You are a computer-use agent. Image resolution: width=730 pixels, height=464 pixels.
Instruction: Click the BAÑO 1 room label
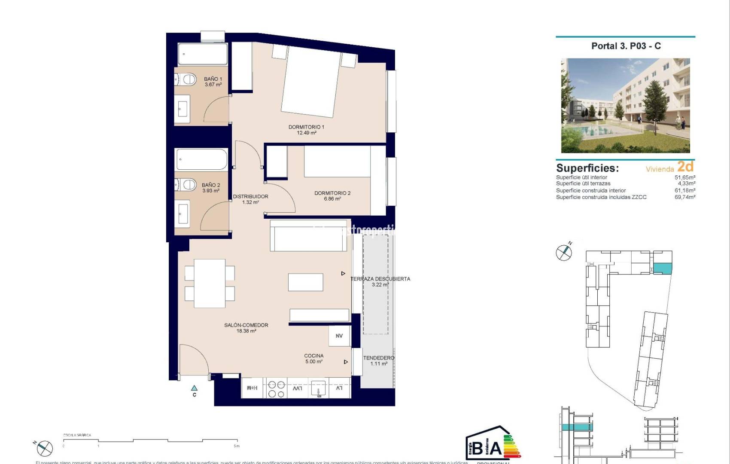[213, 79]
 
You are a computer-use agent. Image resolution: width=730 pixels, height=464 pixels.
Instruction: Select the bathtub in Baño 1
[202, 54]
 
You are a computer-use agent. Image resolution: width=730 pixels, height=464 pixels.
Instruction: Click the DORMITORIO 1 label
[306, 127]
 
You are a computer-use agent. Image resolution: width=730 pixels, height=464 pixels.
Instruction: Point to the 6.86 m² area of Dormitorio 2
[332, 199]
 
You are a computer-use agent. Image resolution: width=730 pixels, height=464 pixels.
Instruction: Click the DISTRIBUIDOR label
[250, 196]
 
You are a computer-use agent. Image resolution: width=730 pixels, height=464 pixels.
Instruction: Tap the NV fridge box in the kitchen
[339, 336]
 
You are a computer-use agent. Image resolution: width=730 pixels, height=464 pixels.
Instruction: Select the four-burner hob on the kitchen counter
[276, 389]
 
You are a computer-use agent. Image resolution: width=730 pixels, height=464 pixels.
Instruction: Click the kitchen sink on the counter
[318, 388]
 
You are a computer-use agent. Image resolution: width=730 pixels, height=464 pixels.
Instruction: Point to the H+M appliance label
[252, 388]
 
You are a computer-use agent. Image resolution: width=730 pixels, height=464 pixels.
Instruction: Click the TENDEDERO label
[378, 358]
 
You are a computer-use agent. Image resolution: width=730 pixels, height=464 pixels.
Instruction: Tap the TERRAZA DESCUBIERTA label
[380, 279]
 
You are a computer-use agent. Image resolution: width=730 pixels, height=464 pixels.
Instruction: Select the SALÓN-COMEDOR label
[246, 325]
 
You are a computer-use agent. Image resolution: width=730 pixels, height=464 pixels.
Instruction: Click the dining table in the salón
[210, 284]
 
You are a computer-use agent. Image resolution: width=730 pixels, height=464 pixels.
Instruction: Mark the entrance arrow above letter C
[194, 388]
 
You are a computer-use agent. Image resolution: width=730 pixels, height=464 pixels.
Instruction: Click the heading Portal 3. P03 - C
[626, 46]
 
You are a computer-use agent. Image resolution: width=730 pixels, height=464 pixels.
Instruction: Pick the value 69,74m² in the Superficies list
[684, 197]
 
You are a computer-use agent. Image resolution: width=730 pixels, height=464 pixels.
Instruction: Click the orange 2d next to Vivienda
[685, 166]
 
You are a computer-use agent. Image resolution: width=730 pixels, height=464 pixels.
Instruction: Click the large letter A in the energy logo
[495, 449]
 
